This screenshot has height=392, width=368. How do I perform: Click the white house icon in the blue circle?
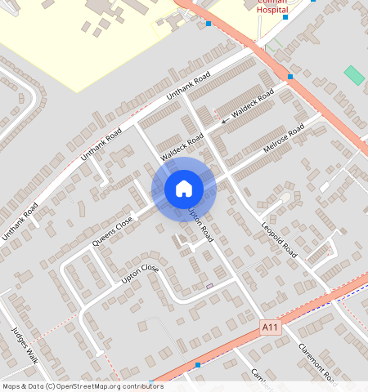click(184, 189)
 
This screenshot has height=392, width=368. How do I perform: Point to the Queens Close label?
click(113, 232)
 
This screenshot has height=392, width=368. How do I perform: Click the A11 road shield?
click(270, 327)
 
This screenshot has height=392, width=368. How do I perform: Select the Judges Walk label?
click(25, 346)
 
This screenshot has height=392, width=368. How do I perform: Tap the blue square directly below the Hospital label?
click(285, 17)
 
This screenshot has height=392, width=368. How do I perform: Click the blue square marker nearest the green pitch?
click(290, 77)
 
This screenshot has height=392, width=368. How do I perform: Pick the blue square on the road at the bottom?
click(198, 364)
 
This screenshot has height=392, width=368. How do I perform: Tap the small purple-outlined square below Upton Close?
click(209, 286)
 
